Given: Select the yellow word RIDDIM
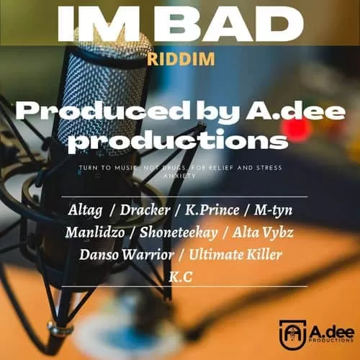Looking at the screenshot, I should [x=180, y=59].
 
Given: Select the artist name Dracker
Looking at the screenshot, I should [x=139, y=210].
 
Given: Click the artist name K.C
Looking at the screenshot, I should [x=180, y=276].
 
